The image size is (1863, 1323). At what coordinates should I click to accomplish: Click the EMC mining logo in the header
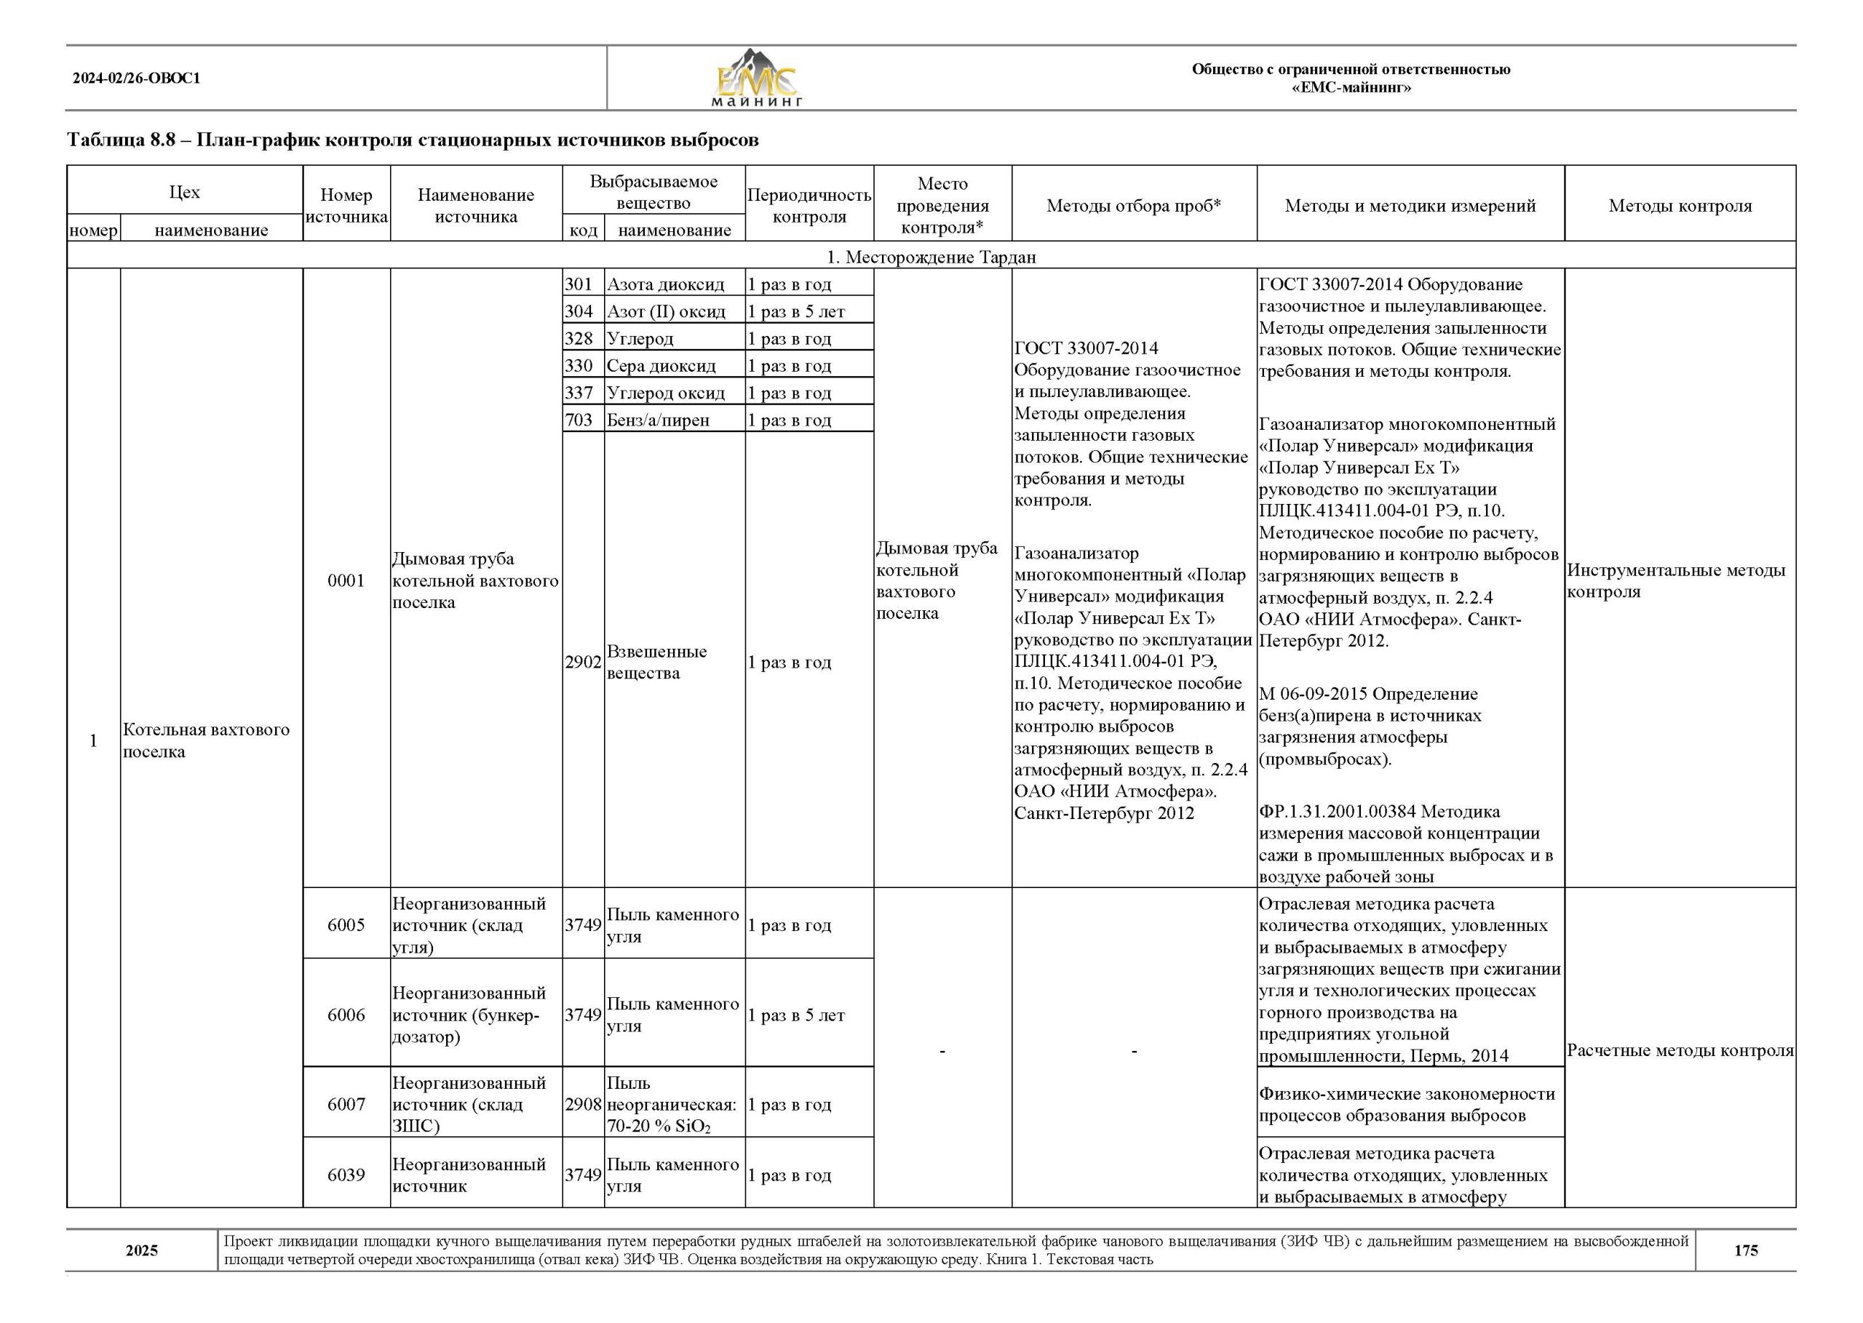(757, 79)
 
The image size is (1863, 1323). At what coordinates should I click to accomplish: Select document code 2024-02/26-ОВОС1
(136, 79)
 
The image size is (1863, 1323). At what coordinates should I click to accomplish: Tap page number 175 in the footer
(1745, 1250)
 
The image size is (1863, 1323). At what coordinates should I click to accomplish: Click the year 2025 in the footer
(142, 1250)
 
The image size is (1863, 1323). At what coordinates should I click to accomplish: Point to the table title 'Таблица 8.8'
(413, 140)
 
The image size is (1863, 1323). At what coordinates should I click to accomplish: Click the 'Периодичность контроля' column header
(809, 205)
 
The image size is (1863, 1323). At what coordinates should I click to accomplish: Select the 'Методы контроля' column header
(1680, 205)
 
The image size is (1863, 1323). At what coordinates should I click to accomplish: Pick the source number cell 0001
(346, 580)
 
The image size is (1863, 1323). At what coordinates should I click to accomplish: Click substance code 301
(579, 284)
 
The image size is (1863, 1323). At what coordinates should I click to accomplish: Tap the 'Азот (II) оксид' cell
(666, 311)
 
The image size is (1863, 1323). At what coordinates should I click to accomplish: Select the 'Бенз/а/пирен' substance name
(658, 420)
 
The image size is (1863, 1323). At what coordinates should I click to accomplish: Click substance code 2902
(583, 663)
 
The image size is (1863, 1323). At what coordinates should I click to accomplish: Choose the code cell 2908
(583, 1105)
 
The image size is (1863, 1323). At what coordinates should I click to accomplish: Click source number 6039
(346, 1175)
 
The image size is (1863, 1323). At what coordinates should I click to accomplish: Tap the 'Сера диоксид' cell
(661, 366)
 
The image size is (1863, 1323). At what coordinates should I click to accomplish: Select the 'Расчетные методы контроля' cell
(1680, 1050)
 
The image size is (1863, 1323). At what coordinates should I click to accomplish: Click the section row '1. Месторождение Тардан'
(931, 257)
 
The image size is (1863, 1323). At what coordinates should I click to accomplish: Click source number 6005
(346, 924)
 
